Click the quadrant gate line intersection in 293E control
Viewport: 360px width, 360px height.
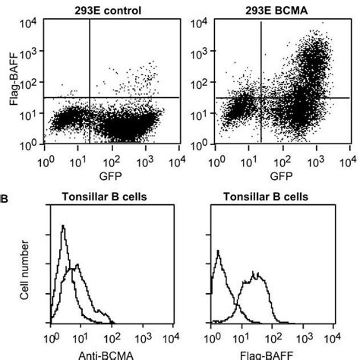tap(90, 97)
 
